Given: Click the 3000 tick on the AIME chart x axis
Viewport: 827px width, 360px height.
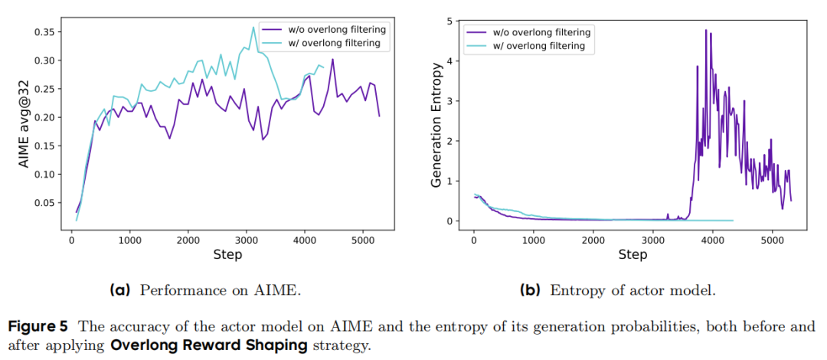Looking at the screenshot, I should (x=246, y=239).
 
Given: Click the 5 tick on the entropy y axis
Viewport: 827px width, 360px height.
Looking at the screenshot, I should (x=456, y=21).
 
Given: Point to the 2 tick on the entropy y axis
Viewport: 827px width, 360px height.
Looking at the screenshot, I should (x=456, y=141).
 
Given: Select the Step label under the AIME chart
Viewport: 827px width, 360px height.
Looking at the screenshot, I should (x=228, y=254).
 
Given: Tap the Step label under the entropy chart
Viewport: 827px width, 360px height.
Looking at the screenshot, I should (x=633, y=254).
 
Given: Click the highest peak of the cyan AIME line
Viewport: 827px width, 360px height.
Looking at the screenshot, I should (x=253, y=28).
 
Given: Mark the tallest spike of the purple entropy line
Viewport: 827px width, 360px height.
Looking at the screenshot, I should (x=706, y=30).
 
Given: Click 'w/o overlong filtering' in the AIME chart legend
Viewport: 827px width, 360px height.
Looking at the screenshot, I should (x=336, y=30).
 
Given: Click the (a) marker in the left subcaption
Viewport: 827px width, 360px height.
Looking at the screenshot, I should (x=120, y=290).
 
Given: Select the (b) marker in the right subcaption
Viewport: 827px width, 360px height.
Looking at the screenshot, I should (x=529, y=290).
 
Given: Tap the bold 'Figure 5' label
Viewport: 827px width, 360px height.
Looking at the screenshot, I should (x=35, y=326).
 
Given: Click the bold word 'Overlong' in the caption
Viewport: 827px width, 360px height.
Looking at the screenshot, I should (x=139, y=345).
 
